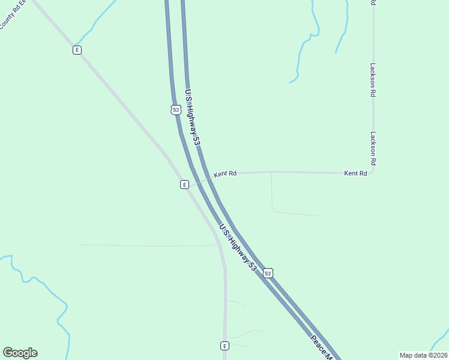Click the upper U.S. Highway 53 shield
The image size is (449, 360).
175,110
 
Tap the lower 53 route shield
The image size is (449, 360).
268,273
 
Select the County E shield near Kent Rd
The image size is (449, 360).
185,185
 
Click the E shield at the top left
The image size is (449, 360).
77,50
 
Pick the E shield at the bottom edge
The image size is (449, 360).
224,346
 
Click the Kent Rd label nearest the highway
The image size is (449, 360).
225,173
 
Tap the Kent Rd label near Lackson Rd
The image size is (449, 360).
355,173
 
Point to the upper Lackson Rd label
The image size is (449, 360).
373,80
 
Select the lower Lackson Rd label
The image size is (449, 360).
373,149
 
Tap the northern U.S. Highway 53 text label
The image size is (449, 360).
191,117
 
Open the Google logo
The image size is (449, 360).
20,353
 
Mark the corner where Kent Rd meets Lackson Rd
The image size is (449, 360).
372,172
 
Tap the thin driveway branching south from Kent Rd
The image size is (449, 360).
272,192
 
